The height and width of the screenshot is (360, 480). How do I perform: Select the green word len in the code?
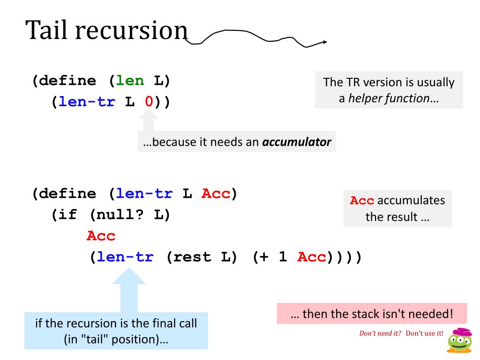130,81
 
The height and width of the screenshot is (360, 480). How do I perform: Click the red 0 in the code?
149,102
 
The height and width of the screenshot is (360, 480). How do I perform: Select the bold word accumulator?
296,142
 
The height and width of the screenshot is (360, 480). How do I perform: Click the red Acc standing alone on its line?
101,236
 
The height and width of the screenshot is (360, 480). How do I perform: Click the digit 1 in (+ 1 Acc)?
283,258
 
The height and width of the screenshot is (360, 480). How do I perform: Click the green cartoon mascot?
459,342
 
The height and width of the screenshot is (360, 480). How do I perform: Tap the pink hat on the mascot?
462,331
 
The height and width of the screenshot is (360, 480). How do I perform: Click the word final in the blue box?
157,323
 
